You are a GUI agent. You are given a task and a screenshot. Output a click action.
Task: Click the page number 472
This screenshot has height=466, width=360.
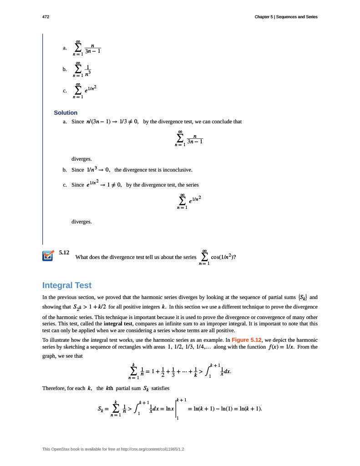[46, 17]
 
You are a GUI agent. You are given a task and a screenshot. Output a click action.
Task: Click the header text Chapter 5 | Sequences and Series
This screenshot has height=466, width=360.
[286, 17]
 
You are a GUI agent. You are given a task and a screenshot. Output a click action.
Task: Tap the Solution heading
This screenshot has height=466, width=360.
[66, 112]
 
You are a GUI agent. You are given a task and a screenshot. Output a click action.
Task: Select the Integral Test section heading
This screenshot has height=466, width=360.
[67, 285]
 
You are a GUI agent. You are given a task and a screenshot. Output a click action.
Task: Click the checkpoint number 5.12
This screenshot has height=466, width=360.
[64, 252]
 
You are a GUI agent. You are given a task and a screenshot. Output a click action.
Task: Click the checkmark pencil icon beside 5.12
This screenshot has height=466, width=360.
[48, 256]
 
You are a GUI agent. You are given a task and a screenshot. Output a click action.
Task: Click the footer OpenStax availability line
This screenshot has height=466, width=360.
[113, 449]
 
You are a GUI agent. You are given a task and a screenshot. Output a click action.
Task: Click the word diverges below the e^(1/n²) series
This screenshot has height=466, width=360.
[81, 222]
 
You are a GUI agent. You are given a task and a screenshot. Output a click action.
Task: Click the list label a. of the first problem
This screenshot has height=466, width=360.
[66, 48]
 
